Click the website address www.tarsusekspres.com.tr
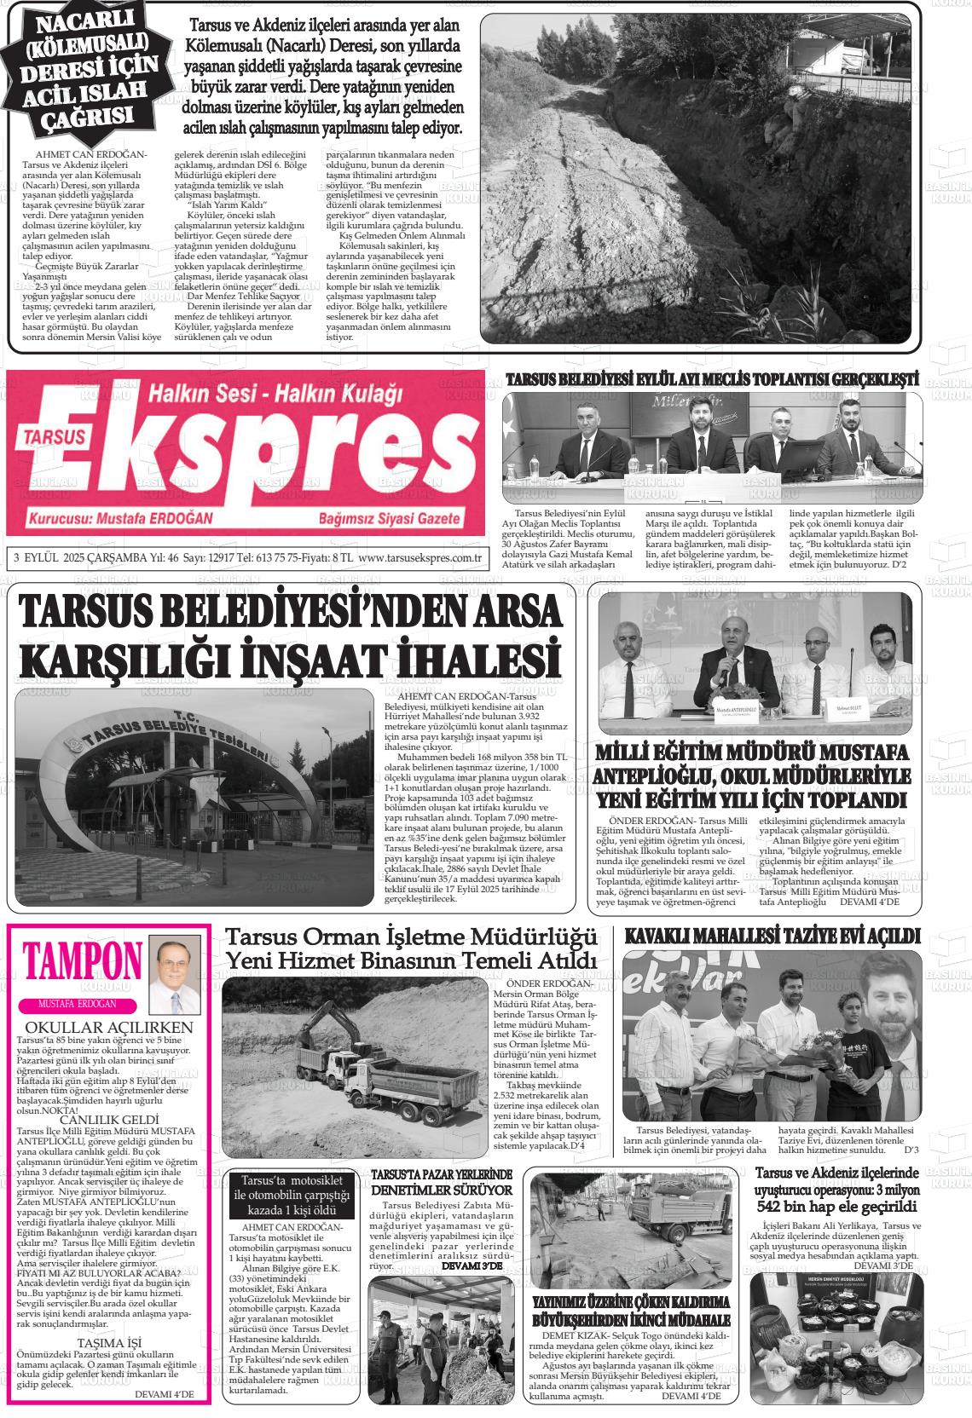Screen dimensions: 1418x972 (x=420, y=558)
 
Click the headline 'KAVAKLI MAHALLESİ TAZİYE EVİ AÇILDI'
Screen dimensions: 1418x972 (x=772, y=937)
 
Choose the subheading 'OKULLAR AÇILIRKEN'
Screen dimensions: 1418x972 (x=109, y=1027)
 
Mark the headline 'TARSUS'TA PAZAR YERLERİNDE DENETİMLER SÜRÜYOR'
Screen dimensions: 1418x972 (x=441, y=1182)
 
